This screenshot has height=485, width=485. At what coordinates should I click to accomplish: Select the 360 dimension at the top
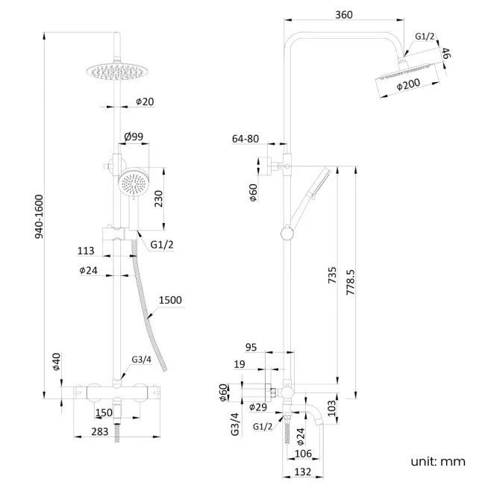(344, 15)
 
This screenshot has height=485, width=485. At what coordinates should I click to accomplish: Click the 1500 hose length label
(170, 300)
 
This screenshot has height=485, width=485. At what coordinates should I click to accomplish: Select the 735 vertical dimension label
(332, 276)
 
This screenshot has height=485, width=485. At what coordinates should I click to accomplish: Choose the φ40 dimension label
(56, 363)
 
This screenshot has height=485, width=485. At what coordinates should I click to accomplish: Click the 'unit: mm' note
(437, 462)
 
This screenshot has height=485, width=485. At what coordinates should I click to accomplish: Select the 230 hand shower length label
(158, 199)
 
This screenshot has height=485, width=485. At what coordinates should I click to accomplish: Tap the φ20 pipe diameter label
(145, 101)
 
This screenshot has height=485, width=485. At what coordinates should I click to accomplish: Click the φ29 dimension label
(259, 407)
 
